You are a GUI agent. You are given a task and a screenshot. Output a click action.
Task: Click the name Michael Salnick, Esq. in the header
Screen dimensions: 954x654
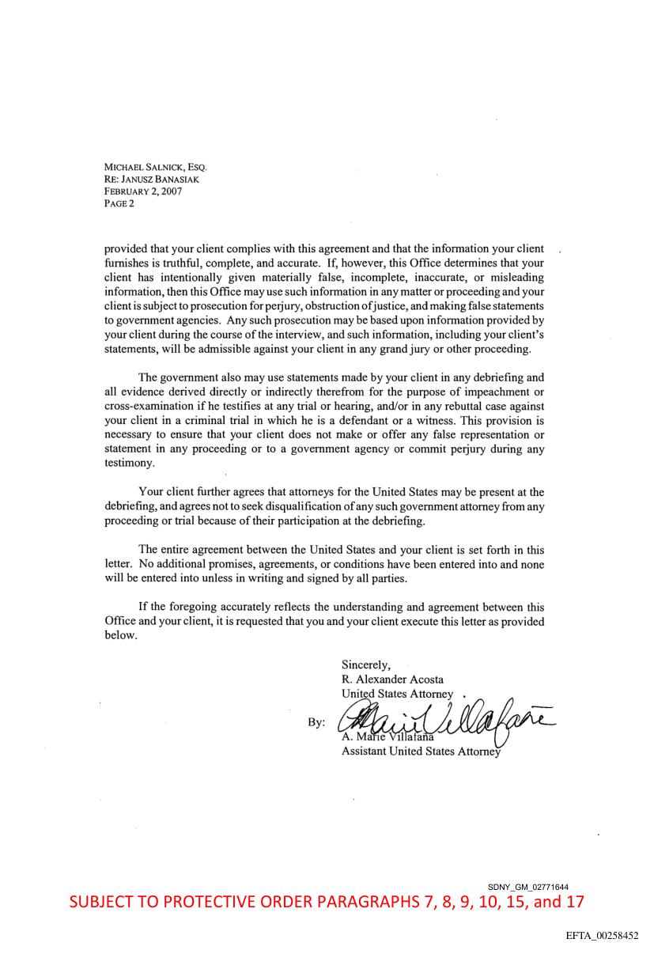[155, 168]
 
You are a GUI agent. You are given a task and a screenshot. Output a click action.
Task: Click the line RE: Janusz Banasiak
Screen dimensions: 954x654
[151, 180]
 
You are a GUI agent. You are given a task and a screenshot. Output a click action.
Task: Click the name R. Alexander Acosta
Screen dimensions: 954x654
[392, 679]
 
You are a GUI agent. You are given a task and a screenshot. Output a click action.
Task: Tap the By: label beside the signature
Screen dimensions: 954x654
[316, 723]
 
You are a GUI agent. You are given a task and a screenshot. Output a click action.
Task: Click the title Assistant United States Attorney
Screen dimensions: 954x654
[421, 751]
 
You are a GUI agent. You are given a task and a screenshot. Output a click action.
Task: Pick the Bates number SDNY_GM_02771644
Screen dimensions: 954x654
[528, 888]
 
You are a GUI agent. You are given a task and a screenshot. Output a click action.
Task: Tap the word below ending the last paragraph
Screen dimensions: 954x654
[120, 635]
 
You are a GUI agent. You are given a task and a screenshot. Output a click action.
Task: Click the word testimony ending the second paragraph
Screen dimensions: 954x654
[129, 464]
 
